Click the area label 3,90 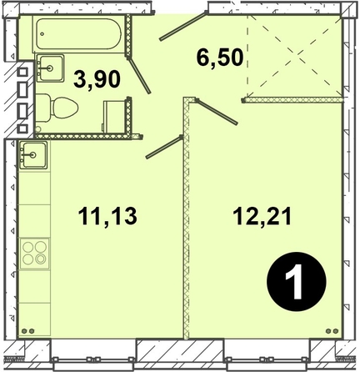pyautogui.click(x=97, y=79)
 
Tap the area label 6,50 pyautogui.click(x=220, y=58)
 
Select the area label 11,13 pyautogui.click(x=107, y=216)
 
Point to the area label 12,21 pyautogui.click(x=262, y=216)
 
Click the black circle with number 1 pyautogui.click(x=297, y=282)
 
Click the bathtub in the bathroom pyautogui.click(x=79, y=34)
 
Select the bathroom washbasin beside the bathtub pyautogui.click(x=50, y=68)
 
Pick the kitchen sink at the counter pyautogui.click(x=32, y=155)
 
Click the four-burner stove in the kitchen pyautogui.click(x=35, y=253)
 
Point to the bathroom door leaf pyautogui.click(x=139, y=75)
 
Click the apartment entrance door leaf pyautogui.click(x=183, y=26)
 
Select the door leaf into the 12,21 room pyautogui.click(x=216, y=112)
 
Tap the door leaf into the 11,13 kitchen pyautogui.click(x=164, y=147)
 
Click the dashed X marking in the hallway pyautogui.click(x=294, y=56)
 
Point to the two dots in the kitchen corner pyautogui.click(x=27, y=331)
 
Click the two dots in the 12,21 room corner pyautogui.click(x=332, y=331)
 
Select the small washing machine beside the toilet pyautogui.click(x=114, y=117)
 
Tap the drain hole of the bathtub pyautogui.click(x=42, y=34)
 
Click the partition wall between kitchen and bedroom pyautogui.click(x=187, y=219)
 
